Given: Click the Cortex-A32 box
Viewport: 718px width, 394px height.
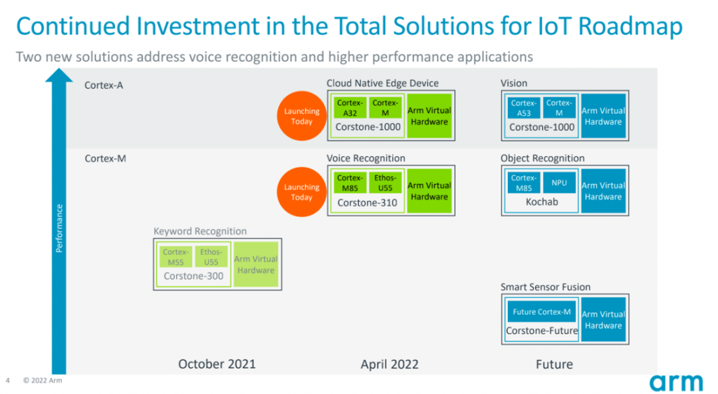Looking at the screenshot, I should (350, 108).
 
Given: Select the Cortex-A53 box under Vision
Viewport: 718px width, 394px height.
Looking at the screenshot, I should (524, 108).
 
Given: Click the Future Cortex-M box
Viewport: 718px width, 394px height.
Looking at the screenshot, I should (541, 312).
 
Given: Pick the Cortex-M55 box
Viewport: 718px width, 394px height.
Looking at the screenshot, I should (176, 257).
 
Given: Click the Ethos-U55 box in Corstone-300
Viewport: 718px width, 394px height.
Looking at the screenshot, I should (211, 257).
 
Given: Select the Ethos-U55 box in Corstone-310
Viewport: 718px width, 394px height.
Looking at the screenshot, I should (385, 183).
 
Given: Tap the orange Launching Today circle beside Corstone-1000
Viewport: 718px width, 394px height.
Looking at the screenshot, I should (301, 116).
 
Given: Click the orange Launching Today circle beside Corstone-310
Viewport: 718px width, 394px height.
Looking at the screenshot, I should (301, 192).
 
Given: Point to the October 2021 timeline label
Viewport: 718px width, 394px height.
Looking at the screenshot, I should (217, 364).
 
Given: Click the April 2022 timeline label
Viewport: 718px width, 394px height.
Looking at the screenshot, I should (390, 364).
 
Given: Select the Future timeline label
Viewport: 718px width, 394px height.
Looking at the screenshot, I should (554, 364).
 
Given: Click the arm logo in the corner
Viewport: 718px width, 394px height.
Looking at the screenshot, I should (675, 382).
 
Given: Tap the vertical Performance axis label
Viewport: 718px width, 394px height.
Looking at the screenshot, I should (59, 228).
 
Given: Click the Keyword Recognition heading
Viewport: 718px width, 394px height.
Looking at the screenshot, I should (200, 232).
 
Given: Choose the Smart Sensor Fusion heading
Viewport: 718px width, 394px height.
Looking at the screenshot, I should (545, 287).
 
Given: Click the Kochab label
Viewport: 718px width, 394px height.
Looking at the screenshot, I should (541, 201).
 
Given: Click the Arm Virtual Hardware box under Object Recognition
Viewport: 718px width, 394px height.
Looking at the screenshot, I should (603, 191).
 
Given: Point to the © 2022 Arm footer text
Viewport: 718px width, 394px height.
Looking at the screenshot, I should (43, 381).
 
